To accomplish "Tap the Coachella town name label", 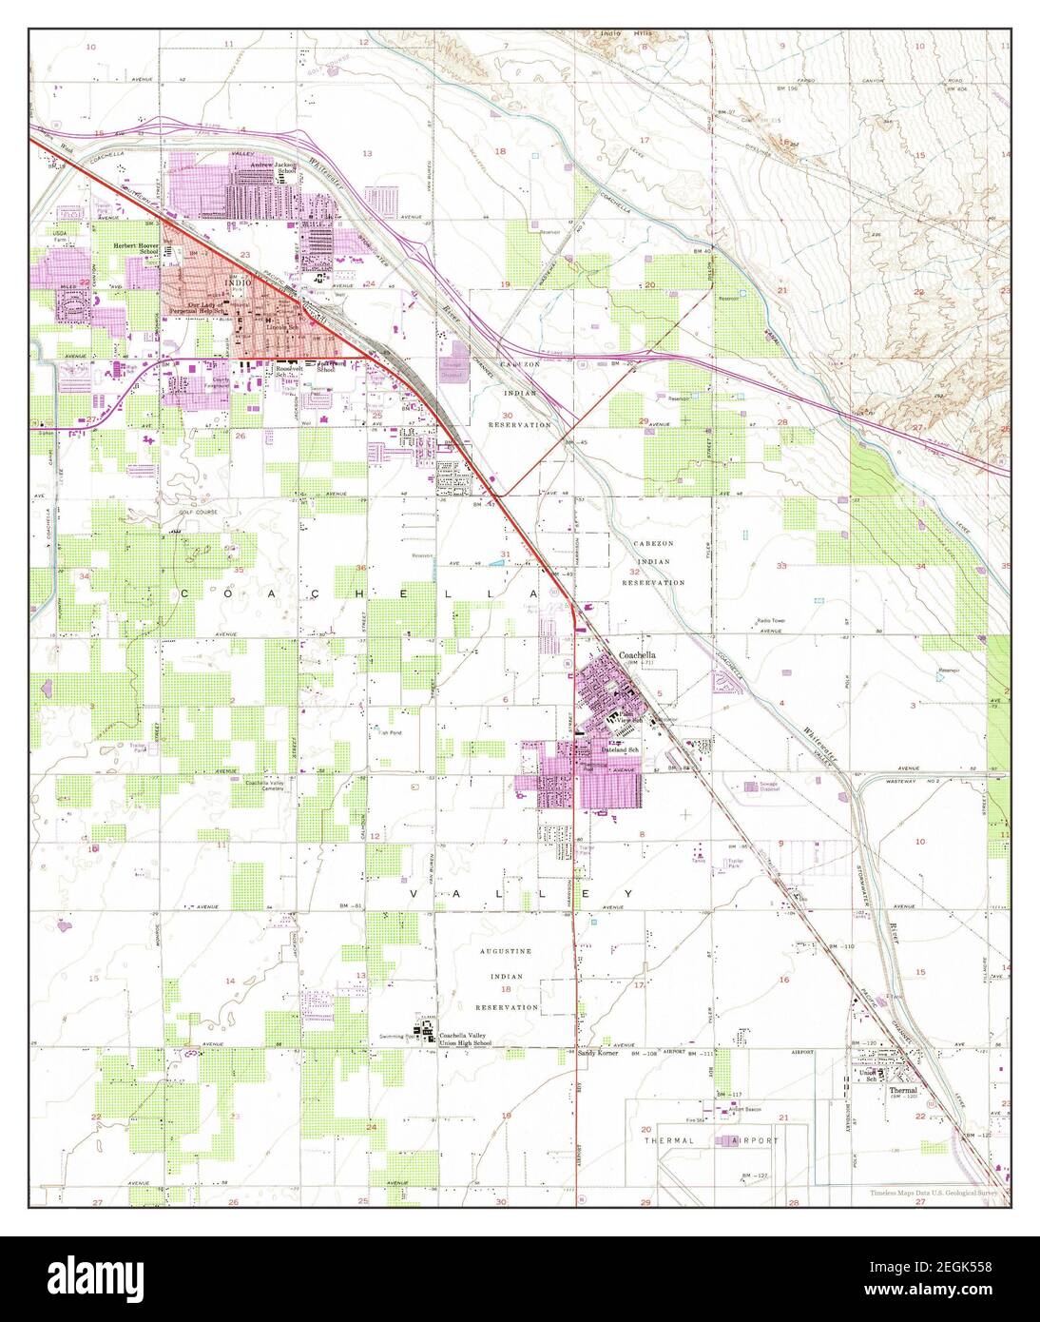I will (x=637, y=655).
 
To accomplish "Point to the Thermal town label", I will (x=903, y=1090).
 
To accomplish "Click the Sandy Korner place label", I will (x=598, y=1055).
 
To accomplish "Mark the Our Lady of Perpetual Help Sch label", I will (x=209, y=309).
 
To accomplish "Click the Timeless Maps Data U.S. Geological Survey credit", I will (x=936, y=1193).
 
